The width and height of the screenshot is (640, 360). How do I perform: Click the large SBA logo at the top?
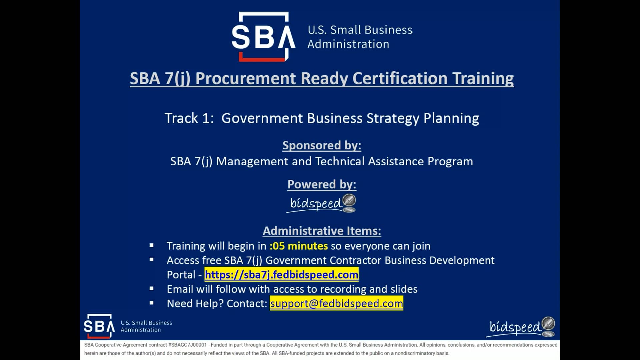point(263,37)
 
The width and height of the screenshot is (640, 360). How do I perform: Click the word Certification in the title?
point(400,79)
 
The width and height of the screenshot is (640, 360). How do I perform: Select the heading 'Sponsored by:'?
point(322,145)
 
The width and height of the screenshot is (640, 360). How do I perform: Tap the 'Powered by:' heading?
point(322,184)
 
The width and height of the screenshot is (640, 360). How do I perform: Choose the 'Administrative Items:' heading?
point(322,231)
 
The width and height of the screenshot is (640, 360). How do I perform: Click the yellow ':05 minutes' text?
point(299,246)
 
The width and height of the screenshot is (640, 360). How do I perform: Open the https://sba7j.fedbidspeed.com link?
point(281,275)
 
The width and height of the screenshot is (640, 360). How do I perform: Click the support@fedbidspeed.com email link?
point(336,303)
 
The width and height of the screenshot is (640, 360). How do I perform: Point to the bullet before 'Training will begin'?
point(152,245)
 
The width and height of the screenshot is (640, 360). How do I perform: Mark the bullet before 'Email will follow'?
point(152,289)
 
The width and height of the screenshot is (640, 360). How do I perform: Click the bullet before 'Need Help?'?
point(152,303)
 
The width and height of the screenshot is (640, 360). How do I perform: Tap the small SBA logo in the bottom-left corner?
point(99,326)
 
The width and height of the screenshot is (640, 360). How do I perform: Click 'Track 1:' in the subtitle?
point(189,118)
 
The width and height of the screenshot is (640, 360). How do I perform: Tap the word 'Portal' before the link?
point(181,275)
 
